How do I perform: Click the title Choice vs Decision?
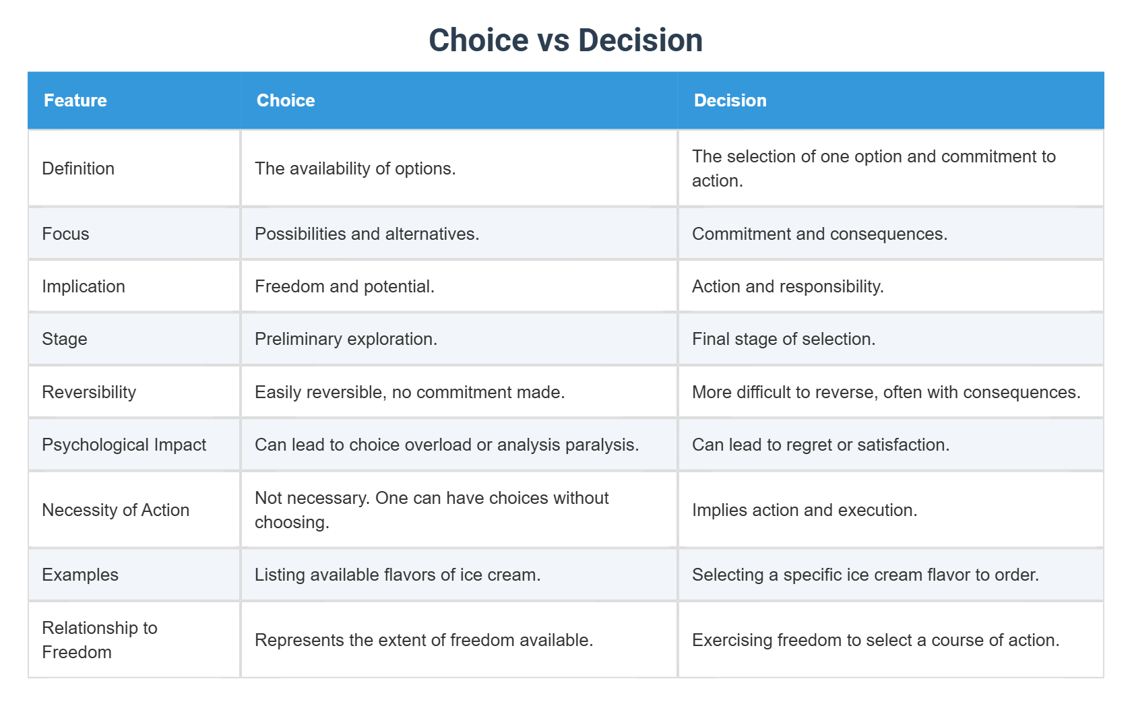tap(565, 40)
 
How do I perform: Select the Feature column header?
tap(75, 100)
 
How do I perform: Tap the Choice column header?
tap(286, 100)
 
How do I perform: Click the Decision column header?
tap(730, 100)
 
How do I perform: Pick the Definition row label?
tap(78, 168)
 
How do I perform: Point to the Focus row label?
tap(65, 234)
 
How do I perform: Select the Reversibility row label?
tap(89, 392)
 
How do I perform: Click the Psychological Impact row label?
tap(124, 445)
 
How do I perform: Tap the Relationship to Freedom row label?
tap(99, 640)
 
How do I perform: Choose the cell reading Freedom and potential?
tap(344, 286)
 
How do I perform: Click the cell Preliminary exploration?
tap(346, 339)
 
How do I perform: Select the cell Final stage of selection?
tap(783, 339)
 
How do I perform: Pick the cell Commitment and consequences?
tap(819, 234)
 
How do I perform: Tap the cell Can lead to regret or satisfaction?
tap(820, 445)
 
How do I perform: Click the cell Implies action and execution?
tap(805, 510)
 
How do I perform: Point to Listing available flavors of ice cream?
tap(398, 575)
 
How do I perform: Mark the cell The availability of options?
tap(355, 168)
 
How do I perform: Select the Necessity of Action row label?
tap(115, 510)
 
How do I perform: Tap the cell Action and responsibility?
tap(788, 286)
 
